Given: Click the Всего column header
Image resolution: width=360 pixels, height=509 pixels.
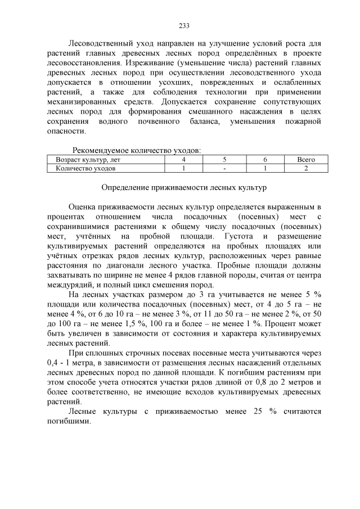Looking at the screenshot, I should (x=306, y=160).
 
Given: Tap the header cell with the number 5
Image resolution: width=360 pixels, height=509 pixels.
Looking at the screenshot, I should (x=224, y=160).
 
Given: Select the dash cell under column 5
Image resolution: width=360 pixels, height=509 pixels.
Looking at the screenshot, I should (x=224, y=168).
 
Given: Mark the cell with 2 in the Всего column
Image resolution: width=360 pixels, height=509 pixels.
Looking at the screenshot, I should (x=306, y=168).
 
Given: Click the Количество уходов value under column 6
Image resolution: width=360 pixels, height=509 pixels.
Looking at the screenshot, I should (x=265, y=168).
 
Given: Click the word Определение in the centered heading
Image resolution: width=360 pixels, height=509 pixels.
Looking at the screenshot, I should (x=127, y=186).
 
